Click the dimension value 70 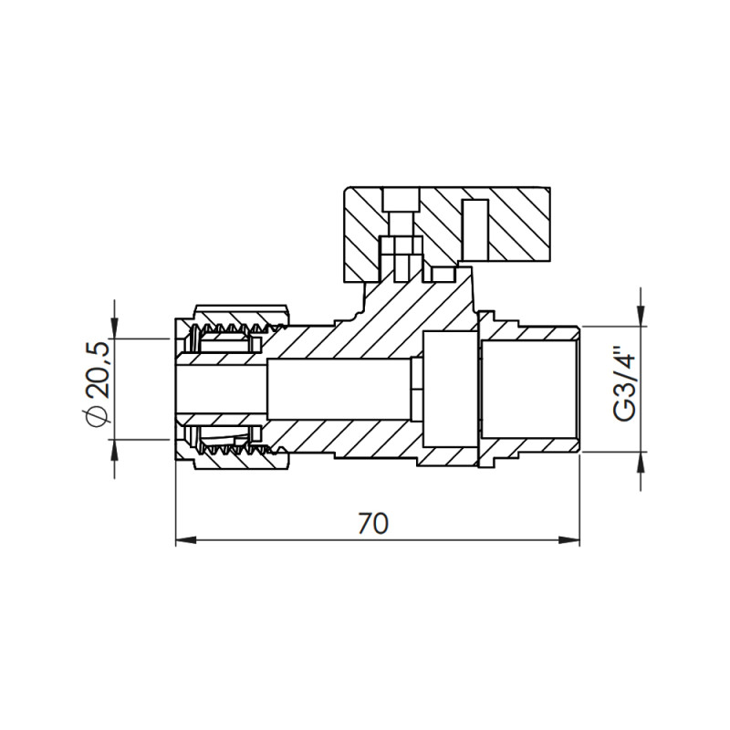373,523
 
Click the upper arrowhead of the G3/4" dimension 642,316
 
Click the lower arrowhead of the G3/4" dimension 642,462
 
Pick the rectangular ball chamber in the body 446,388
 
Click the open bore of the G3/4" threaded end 529,388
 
